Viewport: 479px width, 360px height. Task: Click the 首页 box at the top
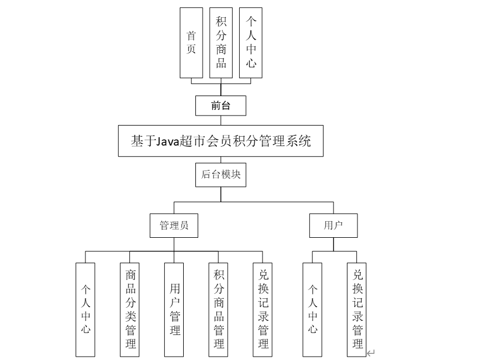pyautogui.click(x=191, y=43)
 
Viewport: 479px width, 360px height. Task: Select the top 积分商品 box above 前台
pyautogui.click(x=221, y=43)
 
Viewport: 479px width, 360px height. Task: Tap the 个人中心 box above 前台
pyautogui.click(x=251, y=43)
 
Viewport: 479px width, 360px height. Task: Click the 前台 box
pyautogui.click(x=221, y=106)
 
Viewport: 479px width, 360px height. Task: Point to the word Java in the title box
pyautogui.click(x=165, y=141)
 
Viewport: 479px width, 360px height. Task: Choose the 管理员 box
pyautogui.click(x=174, y=226)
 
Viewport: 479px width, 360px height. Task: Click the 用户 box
pyautogui.click(x=333, y=226)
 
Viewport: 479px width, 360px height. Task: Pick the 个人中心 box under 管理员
pyautogui.click(x=86, y=309)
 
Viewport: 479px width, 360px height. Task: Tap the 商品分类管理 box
pyautogui.click(x=130, y=309)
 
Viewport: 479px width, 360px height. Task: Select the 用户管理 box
pyautogui.click(x=175, y=309)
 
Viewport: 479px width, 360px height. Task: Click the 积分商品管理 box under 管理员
pyautogui.click(x=219, y=309)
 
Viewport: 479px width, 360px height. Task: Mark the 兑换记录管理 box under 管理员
pyautogui.click(x=264, y=309)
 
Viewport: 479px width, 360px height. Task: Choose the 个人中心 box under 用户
pyautogui.click(x=313, y=309)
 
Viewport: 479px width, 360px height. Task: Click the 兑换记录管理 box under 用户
pyautogui.click(x=357, y=309)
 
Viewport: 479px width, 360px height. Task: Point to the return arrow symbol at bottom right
pyautogui.click(x=371, y=352)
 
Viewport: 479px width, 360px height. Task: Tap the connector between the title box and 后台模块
pyautogui.click(x=221, y=159)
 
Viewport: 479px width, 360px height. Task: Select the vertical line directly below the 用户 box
pyautogui.click(x=333, y=244)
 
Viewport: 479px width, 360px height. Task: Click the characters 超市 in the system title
pyautogui.click(x=196, y=141)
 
